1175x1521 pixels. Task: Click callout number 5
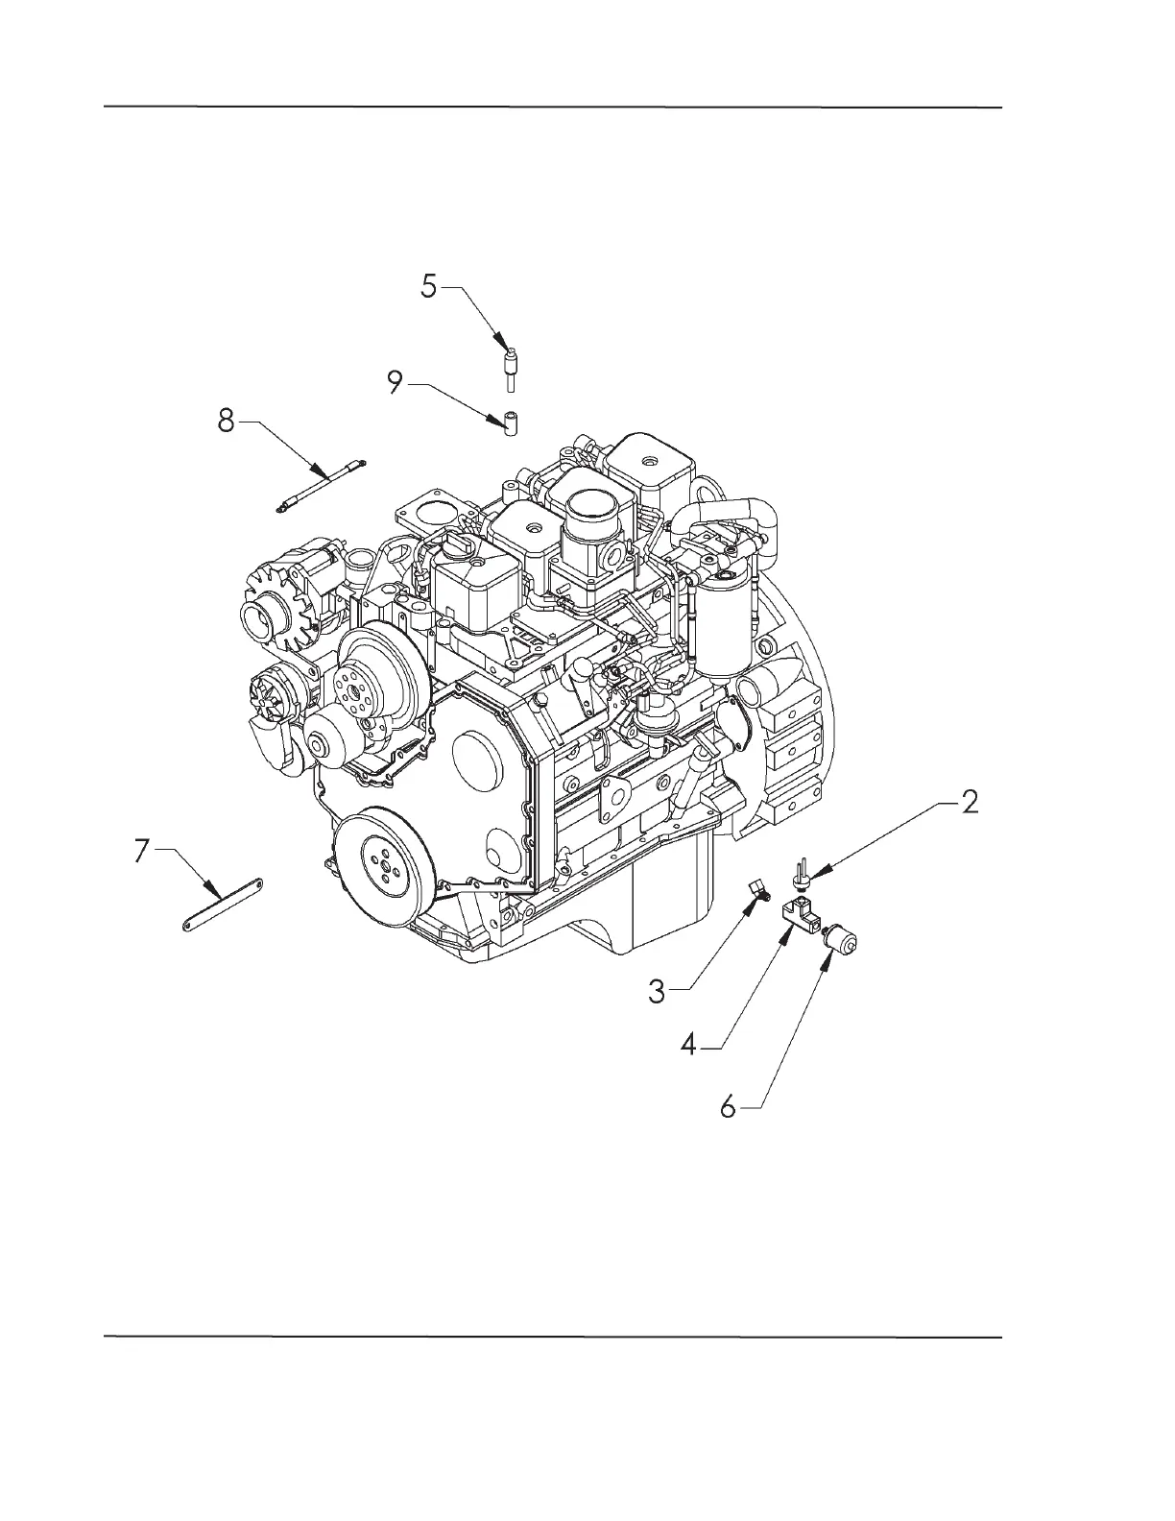[429, 286]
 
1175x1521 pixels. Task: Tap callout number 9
[395, 383]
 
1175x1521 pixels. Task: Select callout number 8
[226, 420]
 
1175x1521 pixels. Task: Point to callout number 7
[141, 850]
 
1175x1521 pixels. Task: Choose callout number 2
[970, 802]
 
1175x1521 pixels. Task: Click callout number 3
[657, 990]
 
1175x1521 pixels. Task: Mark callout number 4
[688, 1045]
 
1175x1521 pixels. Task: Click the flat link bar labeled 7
[223, 904]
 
